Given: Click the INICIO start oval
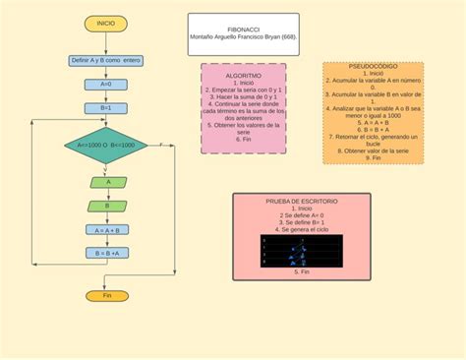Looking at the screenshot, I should pyautogui.click(x=106, y=22).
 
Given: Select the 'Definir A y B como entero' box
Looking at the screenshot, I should pyautogui.click(x=106, y=60).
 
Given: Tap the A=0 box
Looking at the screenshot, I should pyautogui.click(x=106, y=85).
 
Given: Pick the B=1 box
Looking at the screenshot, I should pyautogui.click(x=106, y=108).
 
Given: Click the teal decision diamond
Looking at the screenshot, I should pyautogui.click(x=106, y=145).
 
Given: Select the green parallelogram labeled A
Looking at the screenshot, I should pyautogui.click(x=106, y=182).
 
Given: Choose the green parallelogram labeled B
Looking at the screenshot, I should pyautogui.click(x=106, y=206).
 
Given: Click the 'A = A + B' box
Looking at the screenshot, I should pyautogui.click(x=106, y=230).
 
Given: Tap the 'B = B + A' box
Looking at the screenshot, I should pyautogui.click(x=106, y=253).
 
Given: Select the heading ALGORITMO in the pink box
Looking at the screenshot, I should pyautogui.click(x=243, y=75).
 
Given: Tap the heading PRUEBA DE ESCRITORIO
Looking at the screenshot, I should pyautogui.click(x=302, y=201).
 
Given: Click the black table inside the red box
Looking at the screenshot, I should pyautogui.click(x=302, y=252).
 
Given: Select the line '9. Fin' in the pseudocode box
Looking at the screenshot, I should pyautogui.click(x=373, y=157).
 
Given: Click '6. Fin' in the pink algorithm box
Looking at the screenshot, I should pyautogui.click(x=243, y=140).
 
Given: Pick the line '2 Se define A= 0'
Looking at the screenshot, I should pyautogui.click(x=302, y=215).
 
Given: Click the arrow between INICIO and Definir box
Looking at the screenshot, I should pyautogui.click(x=106, y=41).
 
